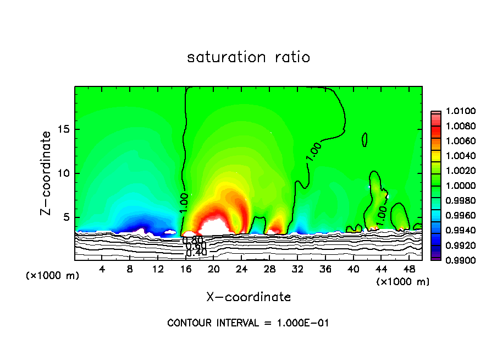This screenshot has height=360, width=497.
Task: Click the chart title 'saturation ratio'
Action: [x=248, y=57]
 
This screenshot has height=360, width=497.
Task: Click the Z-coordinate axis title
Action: [x=47, y=173]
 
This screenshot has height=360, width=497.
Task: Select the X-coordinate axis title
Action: [x=248, y=297]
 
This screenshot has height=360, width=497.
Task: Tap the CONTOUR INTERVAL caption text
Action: [x=248, y=323]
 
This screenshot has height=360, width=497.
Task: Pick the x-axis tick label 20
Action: [x=214, y=269]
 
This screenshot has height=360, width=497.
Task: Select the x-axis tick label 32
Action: [x=297, y=269]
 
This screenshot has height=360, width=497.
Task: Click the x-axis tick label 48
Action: [x=408, y=269]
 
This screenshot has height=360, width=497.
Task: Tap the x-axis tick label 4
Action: [x=102, y=269]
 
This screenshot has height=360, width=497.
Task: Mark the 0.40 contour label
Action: [x=196, y=253]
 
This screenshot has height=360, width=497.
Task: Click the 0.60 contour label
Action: [x=196, y=246]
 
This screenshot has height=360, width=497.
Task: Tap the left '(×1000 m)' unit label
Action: [x=52, y=276]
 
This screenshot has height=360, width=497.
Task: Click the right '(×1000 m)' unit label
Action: [x=402, y=282]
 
